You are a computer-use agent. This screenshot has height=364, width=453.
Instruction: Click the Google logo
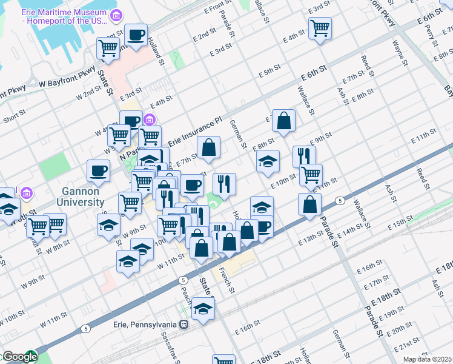coord(19,357)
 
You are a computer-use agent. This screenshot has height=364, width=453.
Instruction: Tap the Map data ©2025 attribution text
coord(428,359)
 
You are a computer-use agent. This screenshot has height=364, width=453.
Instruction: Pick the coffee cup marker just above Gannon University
coord(98,171)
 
